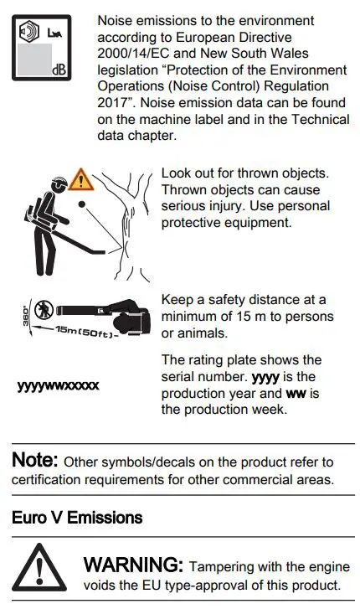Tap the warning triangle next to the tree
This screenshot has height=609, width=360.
(81, 178)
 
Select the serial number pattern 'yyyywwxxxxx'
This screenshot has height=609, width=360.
(58, 385)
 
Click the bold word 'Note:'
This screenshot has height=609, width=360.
(35, 460)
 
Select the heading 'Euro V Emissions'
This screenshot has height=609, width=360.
(77, 518)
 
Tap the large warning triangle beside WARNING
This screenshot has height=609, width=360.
(39, 570)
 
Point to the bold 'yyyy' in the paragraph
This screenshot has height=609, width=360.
(267, 377)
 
